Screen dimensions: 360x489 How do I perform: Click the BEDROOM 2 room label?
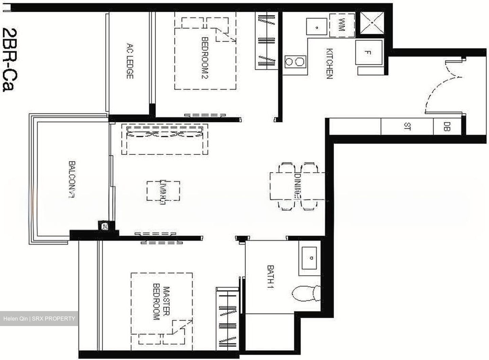[205, 58]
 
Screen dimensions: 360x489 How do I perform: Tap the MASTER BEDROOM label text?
[161, 303]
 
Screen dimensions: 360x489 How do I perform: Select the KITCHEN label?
[329, 64]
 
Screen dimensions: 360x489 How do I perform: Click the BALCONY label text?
[72, 179]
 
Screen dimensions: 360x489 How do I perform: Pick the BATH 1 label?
[271, 277]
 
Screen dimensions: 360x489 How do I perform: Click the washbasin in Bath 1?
[309, 258]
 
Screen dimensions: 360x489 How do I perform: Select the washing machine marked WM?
[341, 25]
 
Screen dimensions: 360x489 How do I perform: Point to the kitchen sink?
[316, 27]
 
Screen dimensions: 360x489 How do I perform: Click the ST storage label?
[407, 127]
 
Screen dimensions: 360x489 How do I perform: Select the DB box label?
[447, 127]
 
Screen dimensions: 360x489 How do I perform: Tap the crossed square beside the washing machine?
[372, 23]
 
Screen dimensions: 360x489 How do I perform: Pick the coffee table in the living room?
[163, 191]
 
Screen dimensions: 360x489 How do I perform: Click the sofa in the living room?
[165, 139]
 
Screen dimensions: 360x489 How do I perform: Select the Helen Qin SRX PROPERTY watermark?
[39, 319]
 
